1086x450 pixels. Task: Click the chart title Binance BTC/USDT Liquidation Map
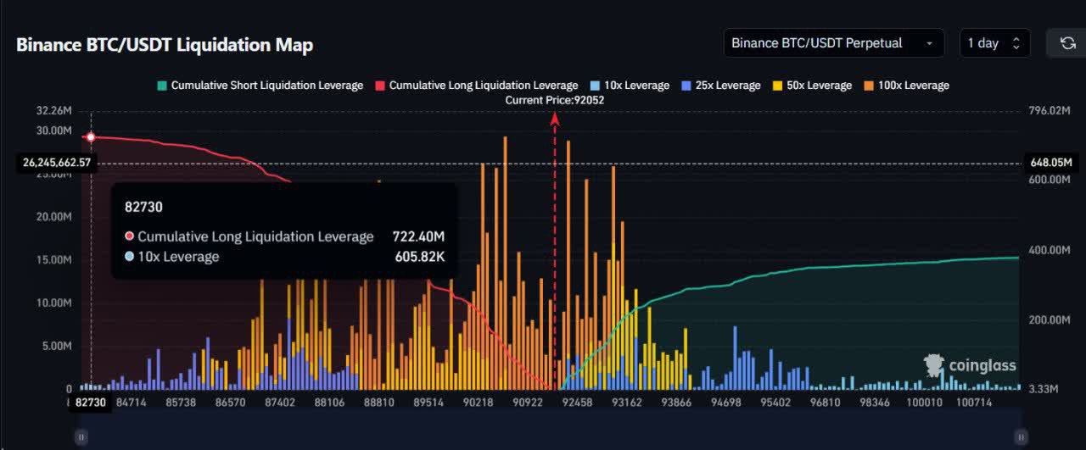pos(165,45)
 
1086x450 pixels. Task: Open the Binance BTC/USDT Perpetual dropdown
pos(833,43)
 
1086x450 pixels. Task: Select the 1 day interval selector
pos(994,43)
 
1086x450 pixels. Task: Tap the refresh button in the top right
pos(1067,43)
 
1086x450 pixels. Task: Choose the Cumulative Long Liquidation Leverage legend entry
pos(477,86)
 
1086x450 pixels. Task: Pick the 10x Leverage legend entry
pos(629,86)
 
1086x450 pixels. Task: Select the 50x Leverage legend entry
pos(811,86)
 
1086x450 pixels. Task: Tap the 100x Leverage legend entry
pos(906,86)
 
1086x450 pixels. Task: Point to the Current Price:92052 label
pos(555,100)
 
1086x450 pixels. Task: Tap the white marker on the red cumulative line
pos(91,136)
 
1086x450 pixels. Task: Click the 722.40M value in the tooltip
pos(418,236)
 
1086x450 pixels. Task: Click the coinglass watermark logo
pos(970,365)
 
